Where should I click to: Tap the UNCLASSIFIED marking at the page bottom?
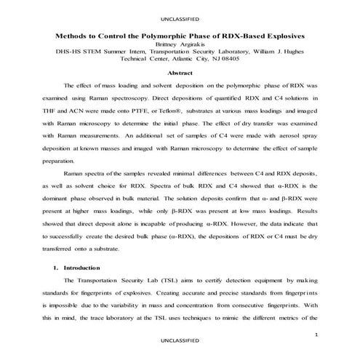180,340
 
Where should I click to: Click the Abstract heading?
180,73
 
